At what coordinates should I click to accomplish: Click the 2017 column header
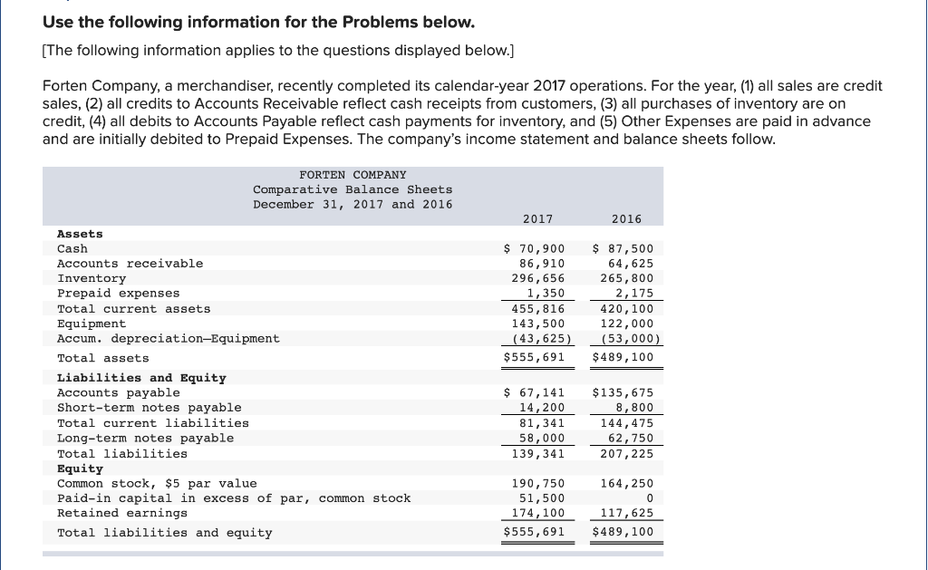point(537,218)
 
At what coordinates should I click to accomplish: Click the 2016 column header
point(626,218)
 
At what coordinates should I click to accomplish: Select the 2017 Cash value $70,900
point(534,248)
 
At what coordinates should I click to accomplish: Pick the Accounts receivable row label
point(130,264)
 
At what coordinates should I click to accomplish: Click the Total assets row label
point(102,358)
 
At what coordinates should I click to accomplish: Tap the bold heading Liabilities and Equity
point(141,378)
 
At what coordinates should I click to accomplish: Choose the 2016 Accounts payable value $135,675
point(623,392)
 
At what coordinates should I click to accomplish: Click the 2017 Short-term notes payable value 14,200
point(541,408)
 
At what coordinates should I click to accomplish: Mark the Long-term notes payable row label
point(145,439)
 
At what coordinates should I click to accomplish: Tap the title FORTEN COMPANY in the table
point(353,174)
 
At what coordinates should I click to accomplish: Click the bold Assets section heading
point(80,234)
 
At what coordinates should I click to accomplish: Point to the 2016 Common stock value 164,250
point(626,483)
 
